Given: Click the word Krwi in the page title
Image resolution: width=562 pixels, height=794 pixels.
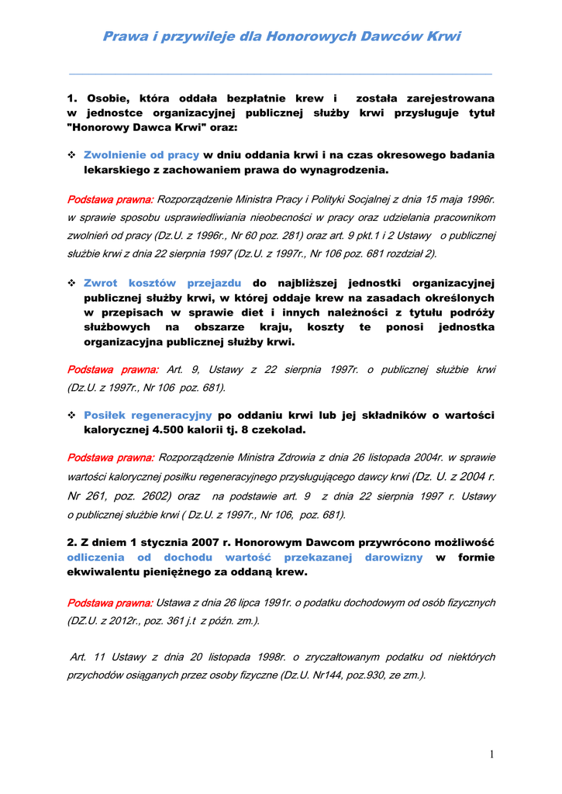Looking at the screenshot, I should (443, 36).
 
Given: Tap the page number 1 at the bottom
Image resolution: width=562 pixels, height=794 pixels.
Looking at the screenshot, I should (491, 754).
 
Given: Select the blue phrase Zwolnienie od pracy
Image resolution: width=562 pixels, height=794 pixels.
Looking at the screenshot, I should (141, 155).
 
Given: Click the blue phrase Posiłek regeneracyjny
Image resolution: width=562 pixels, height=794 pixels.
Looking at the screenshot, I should (147, 415).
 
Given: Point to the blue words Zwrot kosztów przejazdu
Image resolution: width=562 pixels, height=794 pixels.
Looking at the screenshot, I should (162, 283).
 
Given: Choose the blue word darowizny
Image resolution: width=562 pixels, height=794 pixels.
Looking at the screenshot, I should (394, 558).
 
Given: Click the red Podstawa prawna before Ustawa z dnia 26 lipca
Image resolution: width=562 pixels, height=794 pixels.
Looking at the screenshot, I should (111, 602).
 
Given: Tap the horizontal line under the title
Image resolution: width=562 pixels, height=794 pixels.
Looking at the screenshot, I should (281, 74).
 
